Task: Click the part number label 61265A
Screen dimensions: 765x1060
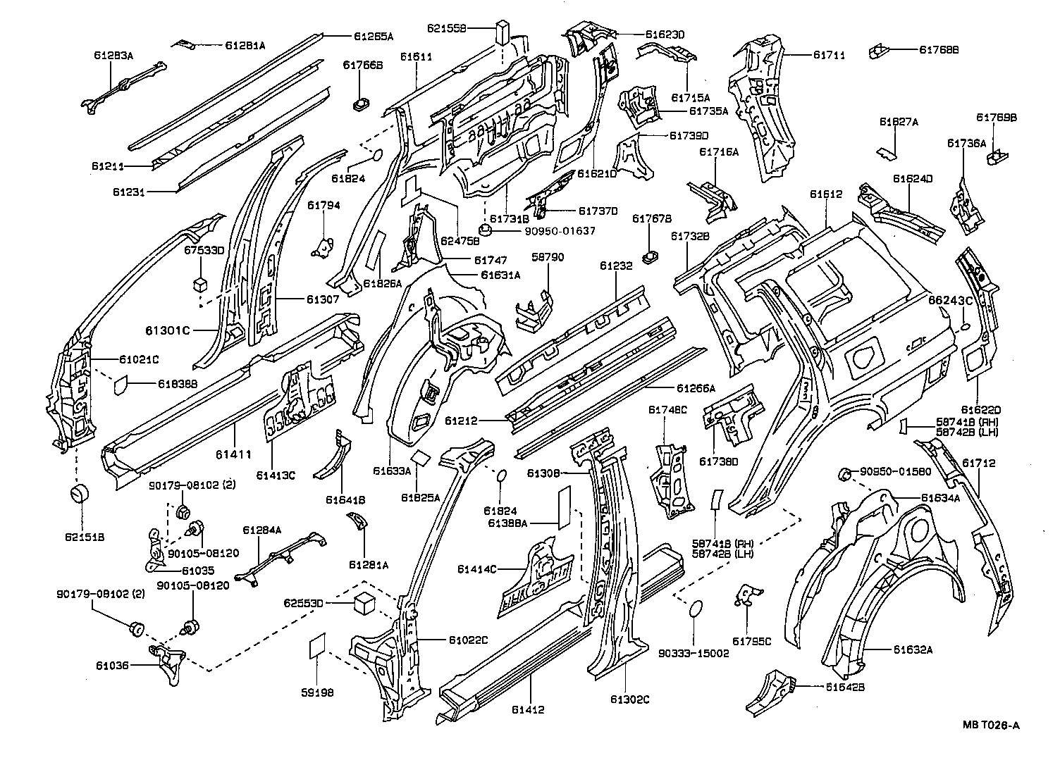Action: click(374, 35)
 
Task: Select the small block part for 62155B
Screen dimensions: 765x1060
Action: click(502, 32)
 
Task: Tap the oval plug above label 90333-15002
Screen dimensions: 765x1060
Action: click(695, 609)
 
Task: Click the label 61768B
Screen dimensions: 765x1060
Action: click(939, 49)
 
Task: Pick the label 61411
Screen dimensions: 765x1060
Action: click(233, 454)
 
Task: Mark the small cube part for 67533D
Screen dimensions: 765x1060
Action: click(200, 284)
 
